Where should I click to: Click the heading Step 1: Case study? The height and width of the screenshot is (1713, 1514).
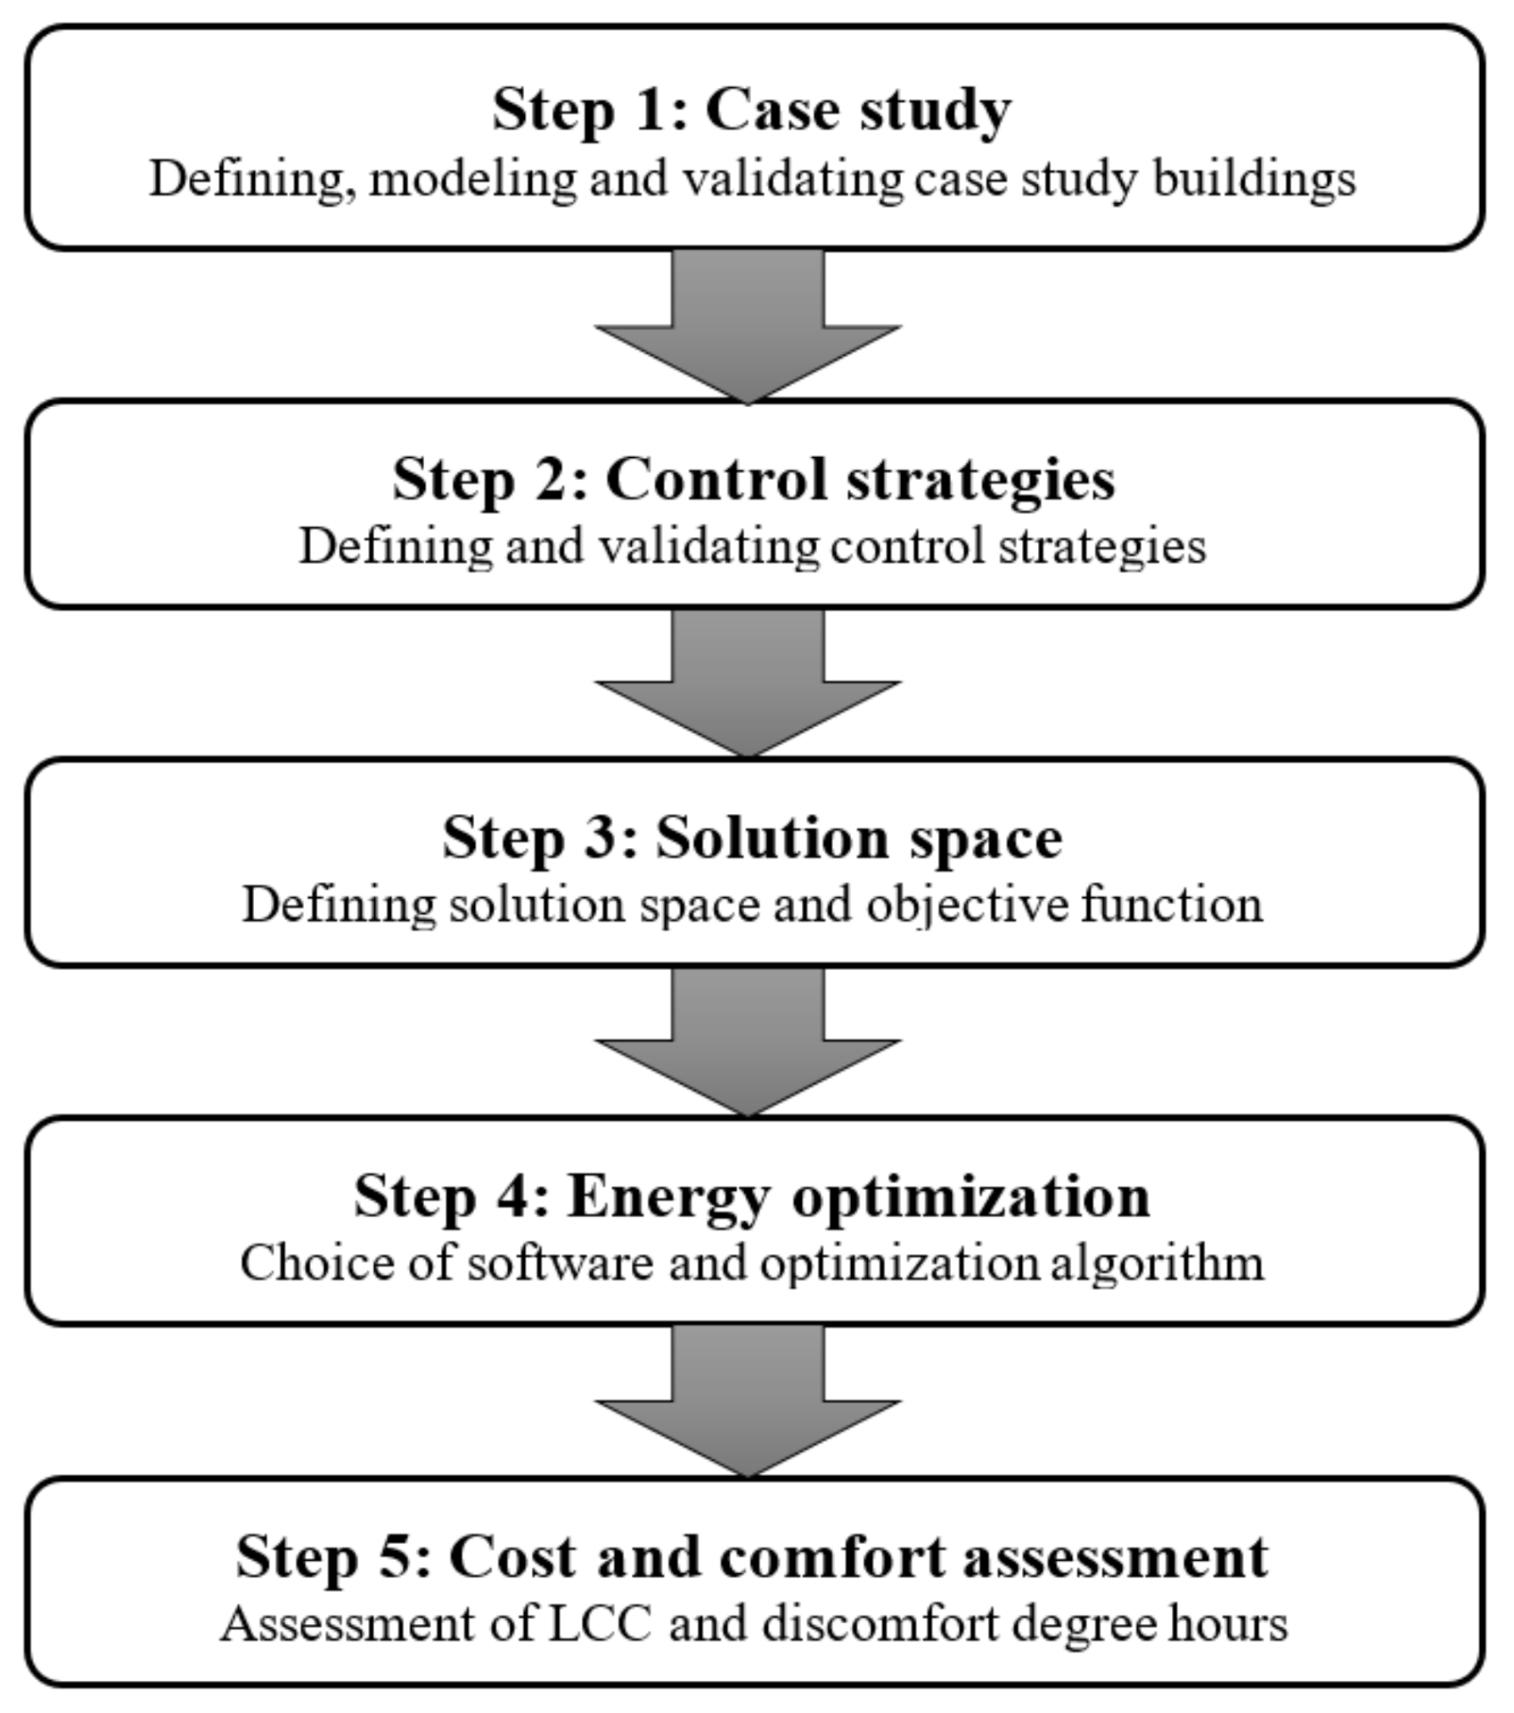point(751,110)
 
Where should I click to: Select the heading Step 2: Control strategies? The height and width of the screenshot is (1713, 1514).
point(753,479)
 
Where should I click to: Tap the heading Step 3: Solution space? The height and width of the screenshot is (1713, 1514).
point(752,837)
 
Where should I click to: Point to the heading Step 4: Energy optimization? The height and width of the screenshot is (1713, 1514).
point(752,1195)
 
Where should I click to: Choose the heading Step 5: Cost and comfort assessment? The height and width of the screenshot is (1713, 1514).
point(752,1556)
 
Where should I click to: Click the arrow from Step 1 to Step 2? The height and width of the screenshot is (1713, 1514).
point(748,330)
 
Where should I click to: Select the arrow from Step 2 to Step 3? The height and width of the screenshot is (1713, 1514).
point(748,686)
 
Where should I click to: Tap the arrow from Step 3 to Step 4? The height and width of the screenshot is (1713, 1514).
point(748,1044)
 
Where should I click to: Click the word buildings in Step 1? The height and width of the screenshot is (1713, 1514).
point(1254,179)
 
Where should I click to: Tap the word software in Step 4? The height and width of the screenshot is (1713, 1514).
point(560,1263)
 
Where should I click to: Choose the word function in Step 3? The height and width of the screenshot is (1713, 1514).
point(1172,905)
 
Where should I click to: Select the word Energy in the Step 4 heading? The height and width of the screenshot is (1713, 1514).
point(668,1197)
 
